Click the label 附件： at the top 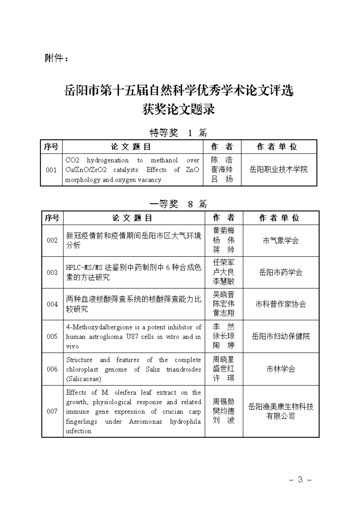pos(57,58)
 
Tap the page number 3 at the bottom pos(300,479)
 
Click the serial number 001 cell pos(51,170)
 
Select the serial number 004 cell pos(52,304)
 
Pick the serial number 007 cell pos(52,411)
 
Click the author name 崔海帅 pos(222,170)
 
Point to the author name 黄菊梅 pos(224,231)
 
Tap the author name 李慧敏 pos(224,281)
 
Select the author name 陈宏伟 pos(224,304)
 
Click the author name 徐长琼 pos(224,336)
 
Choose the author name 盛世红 pos(224,369)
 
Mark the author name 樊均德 pos(224,411)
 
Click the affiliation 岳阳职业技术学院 pos(279,170)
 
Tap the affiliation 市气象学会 pos(281,240)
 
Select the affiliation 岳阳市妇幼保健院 pos(281,336)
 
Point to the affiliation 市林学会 pos(281,369)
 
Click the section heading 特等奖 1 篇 pos(178,133)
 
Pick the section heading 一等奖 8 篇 pos(178,204)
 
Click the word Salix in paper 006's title pos(153,369)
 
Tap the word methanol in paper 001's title pos(164,161)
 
